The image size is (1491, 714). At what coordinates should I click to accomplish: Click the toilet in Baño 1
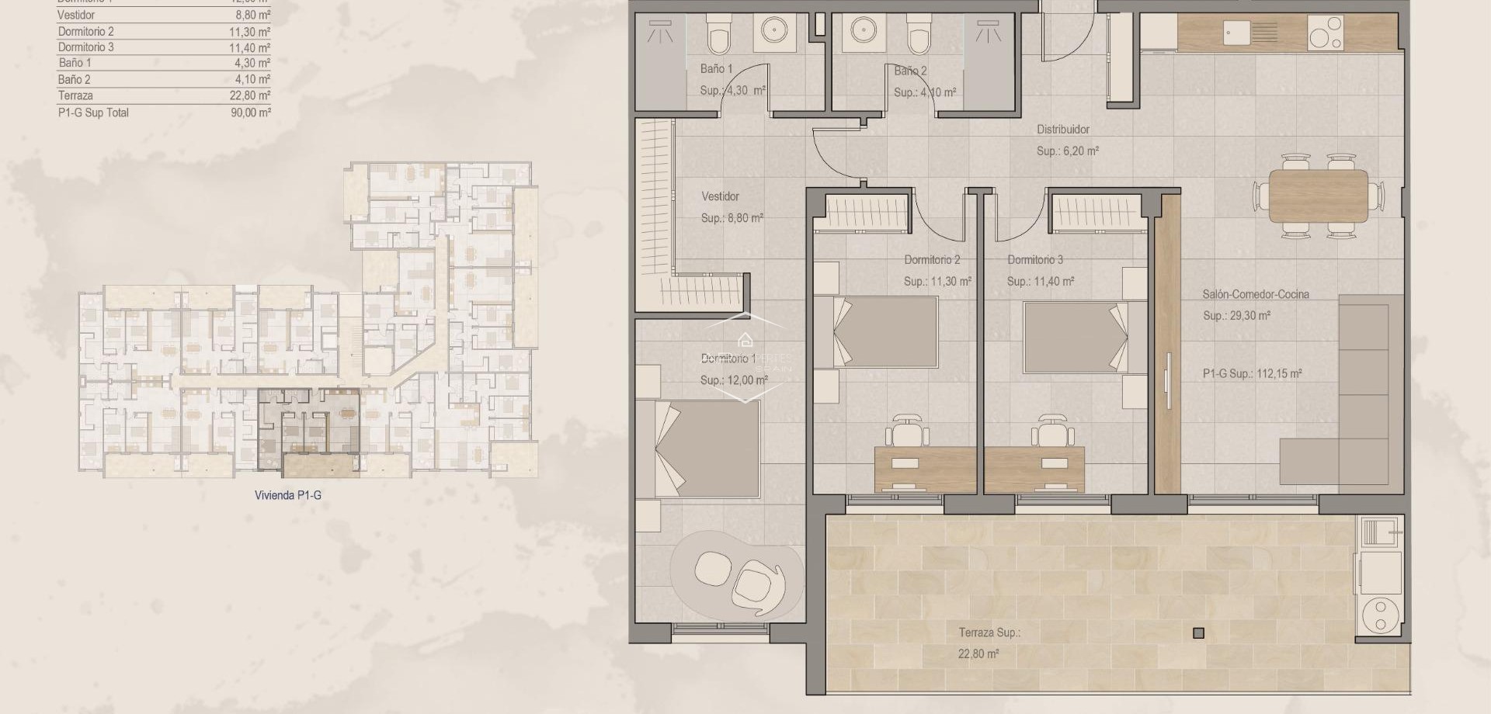click(717, 34)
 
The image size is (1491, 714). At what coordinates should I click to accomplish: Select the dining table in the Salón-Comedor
click(1318, 196)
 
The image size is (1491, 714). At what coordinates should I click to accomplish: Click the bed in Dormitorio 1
click(707, 449)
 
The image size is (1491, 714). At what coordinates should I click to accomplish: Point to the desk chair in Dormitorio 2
click(909, 430)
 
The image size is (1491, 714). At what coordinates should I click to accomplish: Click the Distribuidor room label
click(1063, 130)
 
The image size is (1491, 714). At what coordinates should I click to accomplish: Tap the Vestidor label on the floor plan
click(720, 197)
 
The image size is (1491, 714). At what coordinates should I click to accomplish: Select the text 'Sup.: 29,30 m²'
click(1236, 316)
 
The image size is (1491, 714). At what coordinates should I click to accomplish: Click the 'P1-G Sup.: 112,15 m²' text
click(1252, 374)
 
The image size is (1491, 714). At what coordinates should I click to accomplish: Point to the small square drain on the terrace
click(1198, 633)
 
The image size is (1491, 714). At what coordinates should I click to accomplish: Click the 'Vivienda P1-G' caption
click(287, 495)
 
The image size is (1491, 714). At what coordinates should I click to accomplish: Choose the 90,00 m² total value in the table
click(252, 113)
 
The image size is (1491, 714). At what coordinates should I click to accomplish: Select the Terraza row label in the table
click(75, 96)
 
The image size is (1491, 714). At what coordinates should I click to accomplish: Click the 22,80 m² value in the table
click(252, 96)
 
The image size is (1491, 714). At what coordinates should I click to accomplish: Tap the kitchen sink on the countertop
click(1250, 33)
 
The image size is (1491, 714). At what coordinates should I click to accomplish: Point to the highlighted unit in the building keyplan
click(309, 431)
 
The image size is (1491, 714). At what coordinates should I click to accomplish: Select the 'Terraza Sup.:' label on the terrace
click(989, 633)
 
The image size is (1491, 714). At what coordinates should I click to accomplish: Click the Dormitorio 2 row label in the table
click(85, 32)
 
